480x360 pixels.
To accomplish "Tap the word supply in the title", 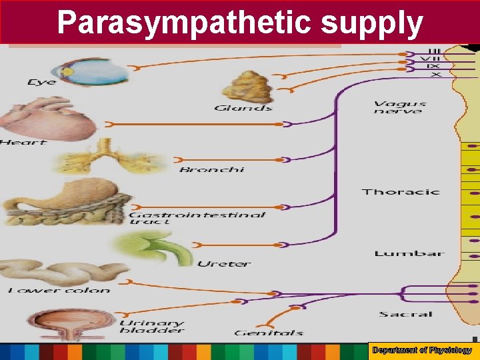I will [x=372, y=22].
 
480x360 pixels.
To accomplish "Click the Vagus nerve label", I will [x=399, y=107].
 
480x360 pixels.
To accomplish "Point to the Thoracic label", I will [x=401, y=192].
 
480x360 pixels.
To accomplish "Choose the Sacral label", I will [x=406, y=314].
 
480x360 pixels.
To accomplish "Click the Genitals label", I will [x=269, y=332].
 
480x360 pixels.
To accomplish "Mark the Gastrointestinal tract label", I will [x=197, y=218].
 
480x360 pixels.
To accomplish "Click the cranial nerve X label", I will [x=435, y=75].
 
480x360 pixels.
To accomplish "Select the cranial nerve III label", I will [x=434, y=51].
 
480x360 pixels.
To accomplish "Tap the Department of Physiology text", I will [x=422, y=350].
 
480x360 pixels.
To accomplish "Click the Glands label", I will [x=243, y=108].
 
